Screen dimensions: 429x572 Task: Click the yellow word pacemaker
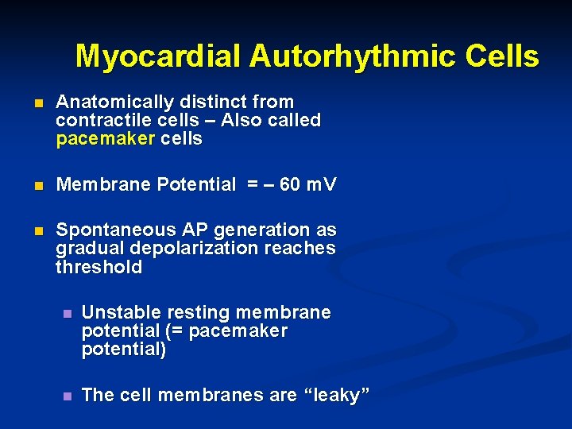(106, 139)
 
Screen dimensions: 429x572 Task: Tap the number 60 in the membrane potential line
(291, 185)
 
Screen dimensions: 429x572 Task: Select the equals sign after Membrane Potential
(252, 185)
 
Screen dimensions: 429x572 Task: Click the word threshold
(99, 267)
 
